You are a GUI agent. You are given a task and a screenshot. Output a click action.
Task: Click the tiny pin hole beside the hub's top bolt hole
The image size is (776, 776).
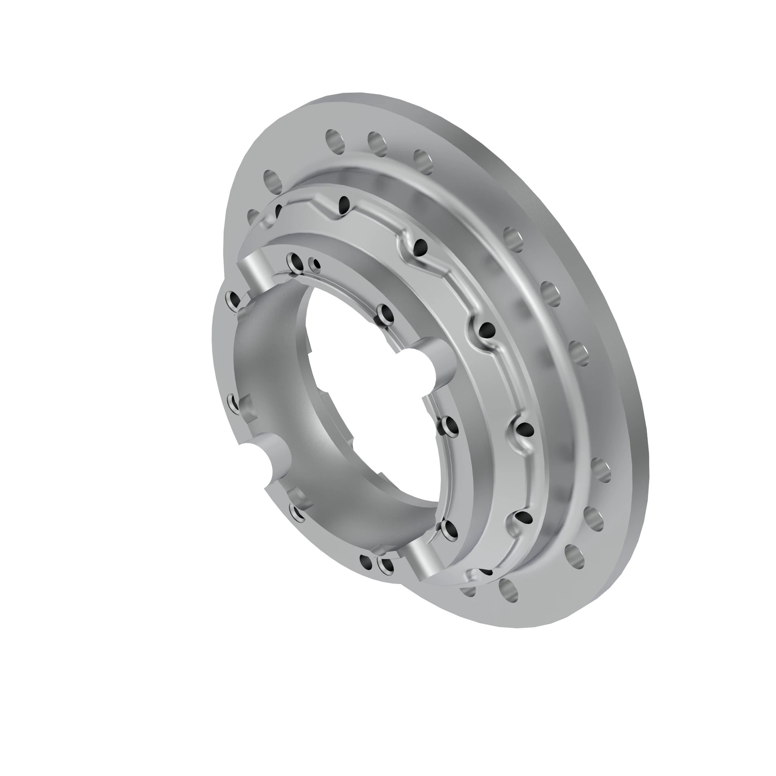tap(317, 264)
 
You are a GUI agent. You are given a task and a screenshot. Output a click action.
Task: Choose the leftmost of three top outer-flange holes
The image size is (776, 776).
tap(335, 140)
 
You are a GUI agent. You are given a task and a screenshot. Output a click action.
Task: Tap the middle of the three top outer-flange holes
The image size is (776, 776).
tap(377, 144)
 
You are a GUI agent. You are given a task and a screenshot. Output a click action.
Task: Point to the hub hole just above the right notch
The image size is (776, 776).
tap(385, 312)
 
